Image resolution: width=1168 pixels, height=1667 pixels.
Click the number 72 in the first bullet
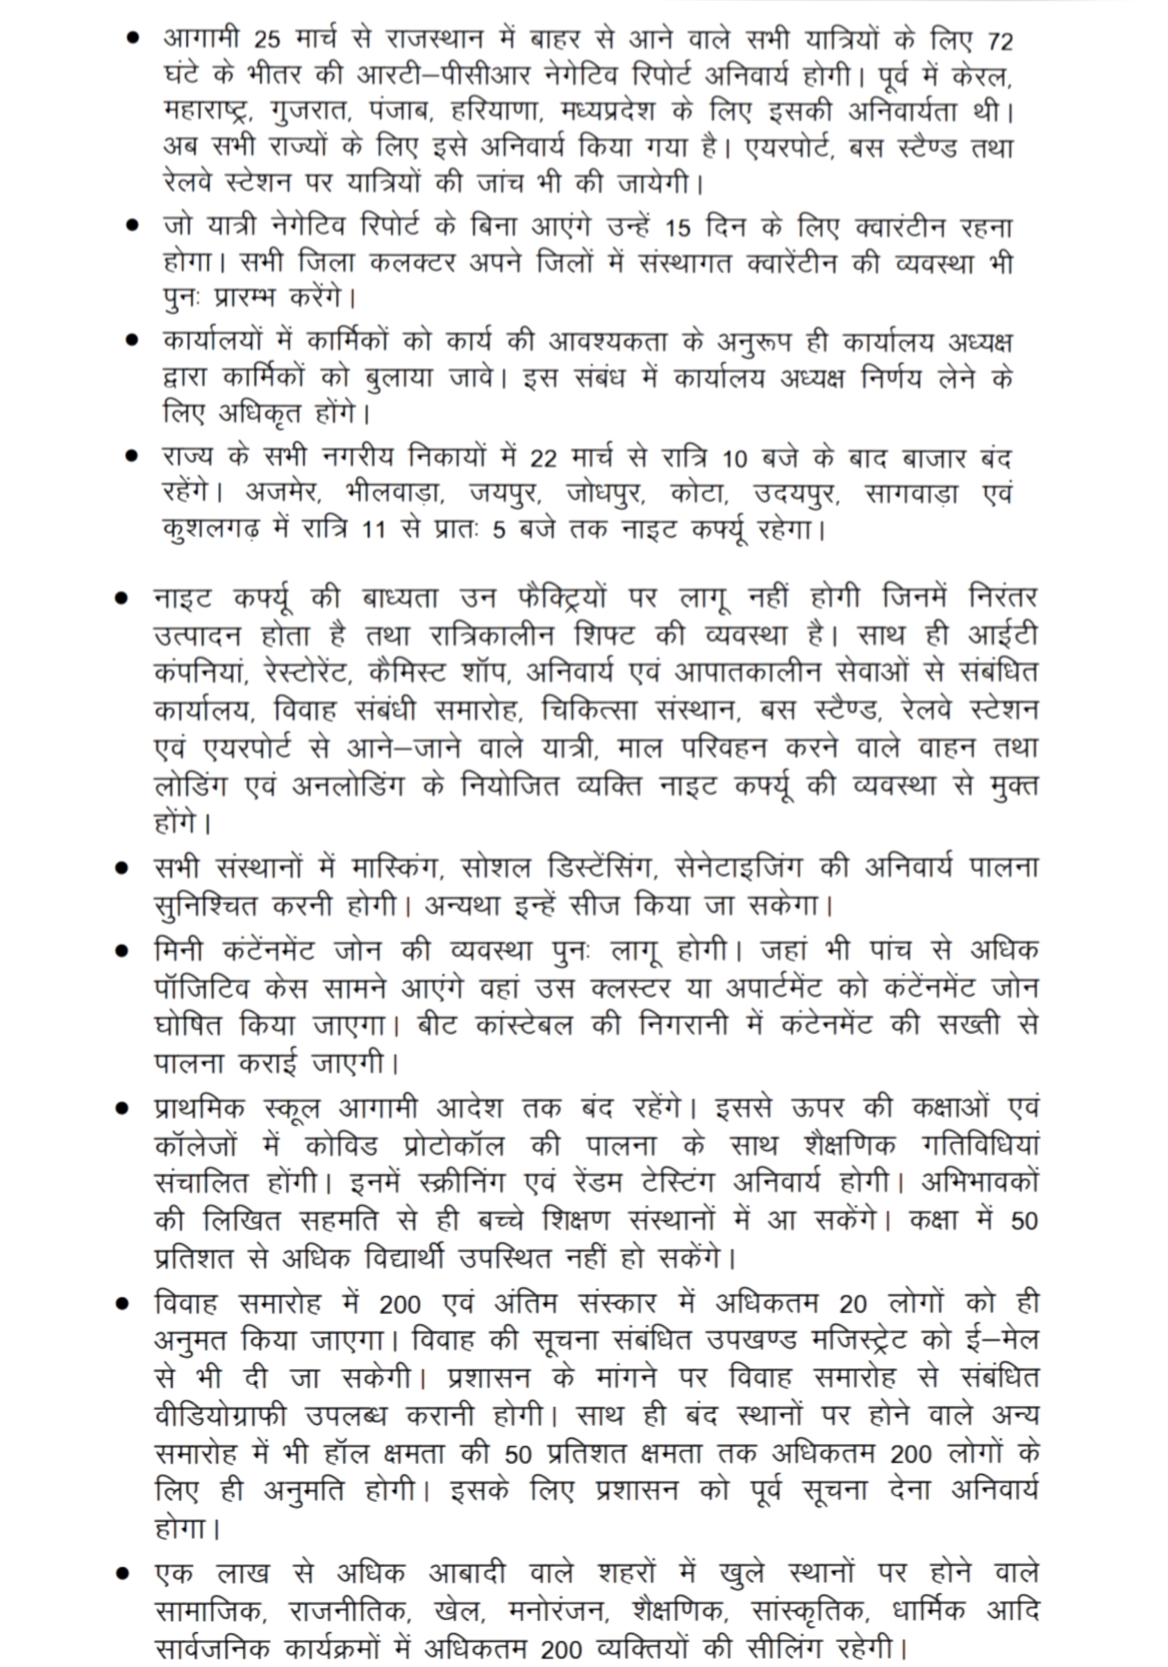tap(999, 42)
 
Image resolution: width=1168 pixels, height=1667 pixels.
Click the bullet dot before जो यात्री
tap(132, 226)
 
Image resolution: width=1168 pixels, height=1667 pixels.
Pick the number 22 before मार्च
tap(544, 459)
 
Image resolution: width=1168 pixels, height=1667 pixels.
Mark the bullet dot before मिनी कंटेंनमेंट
tap(122, 951)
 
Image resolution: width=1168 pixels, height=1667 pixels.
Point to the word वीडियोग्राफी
tap(221, 1415)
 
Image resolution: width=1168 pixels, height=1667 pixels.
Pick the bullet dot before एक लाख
tap(122, 1573)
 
